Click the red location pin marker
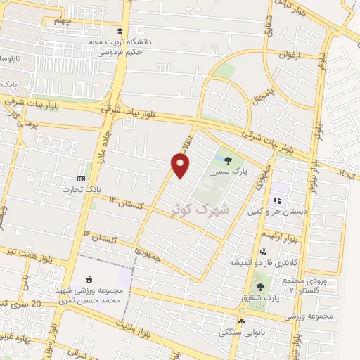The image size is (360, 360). [181, 165]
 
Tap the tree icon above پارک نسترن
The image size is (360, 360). [225, 158]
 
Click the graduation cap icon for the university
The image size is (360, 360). [120, 32]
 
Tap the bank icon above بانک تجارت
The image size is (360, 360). [81, 179]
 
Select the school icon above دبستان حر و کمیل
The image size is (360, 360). [277, 200]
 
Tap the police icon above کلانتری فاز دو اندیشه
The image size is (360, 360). [263, 252]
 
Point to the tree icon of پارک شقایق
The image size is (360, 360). [261, 287]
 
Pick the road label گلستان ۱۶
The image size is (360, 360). [95, 236]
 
